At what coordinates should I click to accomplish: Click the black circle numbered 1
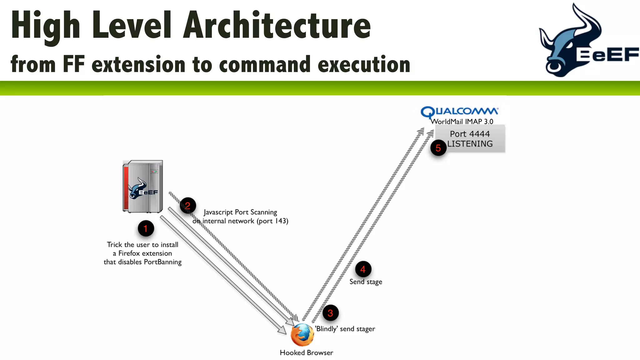pyautogui.click(x=146, y=229)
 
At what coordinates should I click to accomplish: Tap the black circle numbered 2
pyautogui.click(x=188, y=206)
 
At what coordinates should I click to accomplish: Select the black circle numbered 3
pyautogui.click(x=330, y=313)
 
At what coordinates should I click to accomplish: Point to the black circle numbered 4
pyautogui.click(x=363, y=269)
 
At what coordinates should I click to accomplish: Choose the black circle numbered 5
pyautogui.click(x=438, y=148)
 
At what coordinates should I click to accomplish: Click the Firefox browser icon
pyautogui.click(x=302, y=335)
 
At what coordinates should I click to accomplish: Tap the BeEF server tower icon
pyautogui.click(x=143, y=187)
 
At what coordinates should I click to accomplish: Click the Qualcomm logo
pyautogui.click(x=459, y=112)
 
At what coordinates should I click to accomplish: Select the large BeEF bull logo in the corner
pyautogui.click(x=587, y=41)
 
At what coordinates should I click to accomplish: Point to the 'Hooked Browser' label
pyautogui.click(x=306, y=353)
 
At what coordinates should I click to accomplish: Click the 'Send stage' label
pyautogui.click(x=366, y=282)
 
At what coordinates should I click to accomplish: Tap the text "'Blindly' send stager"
pyautogui.click(x=345, y=329)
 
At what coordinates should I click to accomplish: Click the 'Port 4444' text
pyautogui.click(x=470, y=134)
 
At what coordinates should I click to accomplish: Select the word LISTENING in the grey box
pyautogui.click(x=470, y=144)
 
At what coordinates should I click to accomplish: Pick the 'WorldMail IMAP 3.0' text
pyautogui.click(x=462, y=122)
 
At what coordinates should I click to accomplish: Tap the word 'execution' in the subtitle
pyautogui.click(x=364, y=64)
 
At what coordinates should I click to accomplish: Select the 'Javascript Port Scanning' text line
pyautogui.click(x=240, y=212)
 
